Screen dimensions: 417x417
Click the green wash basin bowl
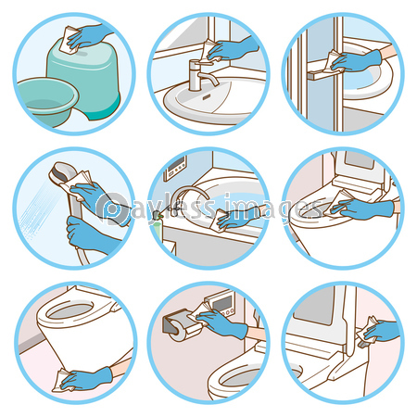point(46,100)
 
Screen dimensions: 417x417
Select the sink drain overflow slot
point(207,97)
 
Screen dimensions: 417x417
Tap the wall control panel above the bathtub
point(175,169)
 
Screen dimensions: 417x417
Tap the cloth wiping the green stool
point(70,39)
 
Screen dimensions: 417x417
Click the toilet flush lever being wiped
point(364,344)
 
